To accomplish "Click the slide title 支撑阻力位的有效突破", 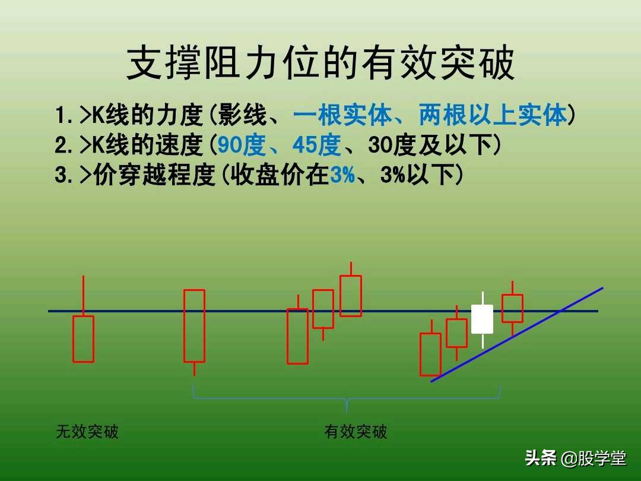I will [x=320, y=64].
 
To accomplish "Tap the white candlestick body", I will [x=482, y=319].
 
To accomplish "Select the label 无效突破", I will [x=87, y=432].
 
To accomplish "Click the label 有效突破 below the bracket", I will [x=356, y=432].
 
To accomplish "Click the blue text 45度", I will [x=316, y=145].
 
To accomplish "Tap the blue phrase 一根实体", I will [x=342, y=115].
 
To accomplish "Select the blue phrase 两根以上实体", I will [x=493, y=115].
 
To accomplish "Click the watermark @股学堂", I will [x=594, y=458].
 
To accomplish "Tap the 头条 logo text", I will [x=541, y=458].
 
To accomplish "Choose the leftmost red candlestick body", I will [x=83, y=338].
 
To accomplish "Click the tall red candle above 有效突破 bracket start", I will [x=194, y=325].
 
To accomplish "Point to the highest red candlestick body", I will [x=350, y=296].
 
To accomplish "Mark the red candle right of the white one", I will [x=512, y=308].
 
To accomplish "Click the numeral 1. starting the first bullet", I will [x=64, y=115].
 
